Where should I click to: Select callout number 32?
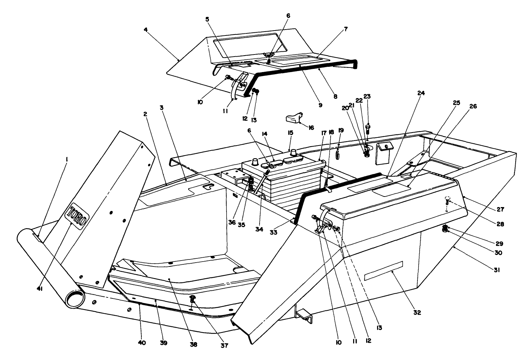pos(416,312)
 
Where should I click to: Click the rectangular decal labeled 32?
pos(383,271)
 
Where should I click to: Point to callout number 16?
pos(311,128)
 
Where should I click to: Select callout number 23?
pos(367,96)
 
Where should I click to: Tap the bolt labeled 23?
pos(368,129)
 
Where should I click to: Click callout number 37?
pos(224,345)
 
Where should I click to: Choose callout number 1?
pos(66,159)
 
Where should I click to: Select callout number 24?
pos(421,93)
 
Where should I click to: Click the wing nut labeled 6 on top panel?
pos(269,55)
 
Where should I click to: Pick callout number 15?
pos(290,133)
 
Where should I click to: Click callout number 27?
pos(500,209)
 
